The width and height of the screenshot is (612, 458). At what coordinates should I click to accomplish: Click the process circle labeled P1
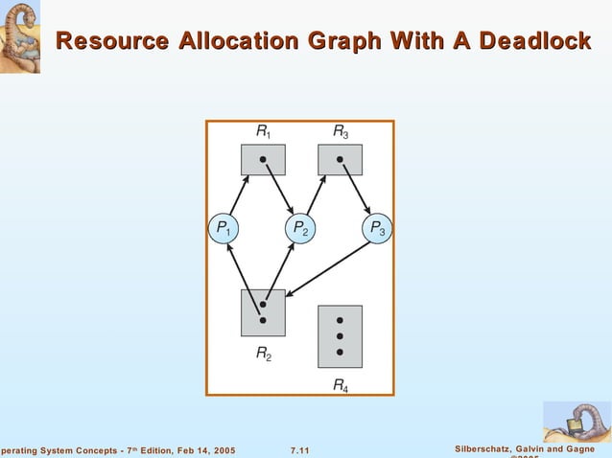(224, 229)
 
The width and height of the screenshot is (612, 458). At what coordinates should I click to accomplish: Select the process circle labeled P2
(300, 229)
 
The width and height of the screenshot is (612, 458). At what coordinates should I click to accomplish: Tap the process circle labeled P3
(376, 229)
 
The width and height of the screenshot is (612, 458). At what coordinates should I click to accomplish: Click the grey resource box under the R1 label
(263, 159)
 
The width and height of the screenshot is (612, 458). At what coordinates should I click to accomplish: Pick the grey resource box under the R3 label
(340, 159)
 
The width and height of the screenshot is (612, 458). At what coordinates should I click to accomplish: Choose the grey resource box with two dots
(262, 312)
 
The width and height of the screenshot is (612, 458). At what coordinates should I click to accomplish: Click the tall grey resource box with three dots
(340, 335)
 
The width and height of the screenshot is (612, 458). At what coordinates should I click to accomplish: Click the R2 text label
(263, 353)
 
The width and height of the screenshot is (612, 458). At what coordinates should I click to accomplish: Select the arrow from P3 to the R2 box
(326, 269)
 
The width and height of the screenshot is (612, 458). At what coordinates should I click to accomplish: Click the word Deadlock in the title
(533, 41)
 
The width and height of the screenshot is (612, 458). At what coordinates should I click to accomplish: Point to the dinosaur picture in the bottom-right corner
(577, 422)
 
